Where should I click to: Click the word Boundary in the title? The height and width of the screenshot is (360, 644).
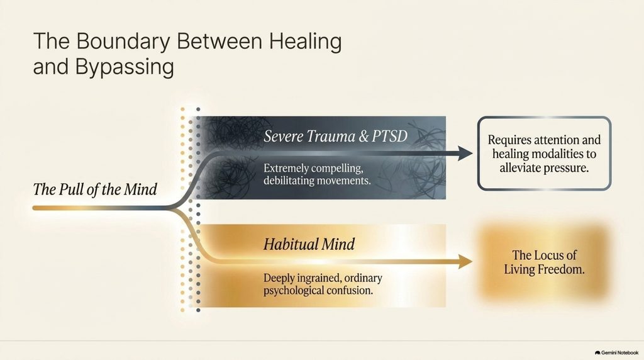click(123, 42)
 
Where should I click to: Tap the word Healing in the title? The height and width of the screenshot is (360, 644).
click(306, 42)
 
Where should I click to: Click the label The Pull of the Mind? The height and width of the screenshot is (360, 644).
click(95, 189)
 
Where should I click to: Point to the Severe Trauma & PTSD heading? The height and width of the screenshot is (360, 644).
click(336, 137)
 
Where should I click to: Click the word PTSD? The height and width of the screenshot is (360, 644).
click(390, 137)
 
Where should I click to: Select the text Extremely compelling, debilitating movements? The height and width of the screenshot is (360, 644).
click(317, 174)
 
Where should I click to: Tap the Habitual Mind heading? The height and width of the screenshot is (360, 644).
click(309, 244)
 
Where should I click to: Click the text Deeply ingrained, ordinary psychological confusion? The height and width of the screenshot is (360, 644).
click(323, 284)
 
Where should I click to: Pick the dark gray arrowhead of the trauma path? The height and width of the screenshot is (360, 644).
click(465, 154)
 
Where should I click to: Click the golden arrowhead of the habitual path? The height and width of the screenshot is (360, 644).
click(465, 261)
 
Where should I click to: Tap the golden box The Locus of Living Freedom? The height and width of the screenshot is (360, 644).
click(544, 262)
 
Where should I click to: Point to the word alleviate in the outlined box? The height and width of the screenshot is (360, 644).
click(520, 168)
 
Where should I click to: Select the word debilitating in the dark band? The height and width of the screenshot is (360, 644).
click(286, 181)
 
